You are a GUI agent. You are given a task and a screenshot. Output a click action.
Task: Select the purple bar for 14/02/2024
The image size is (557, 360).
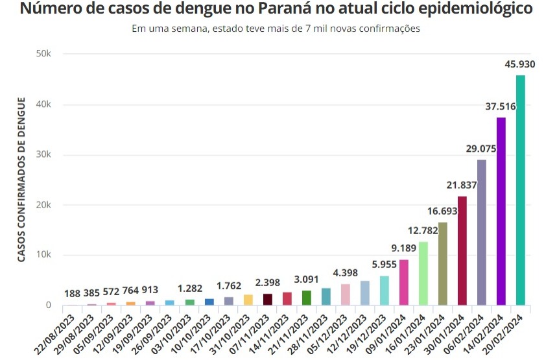(501, 211)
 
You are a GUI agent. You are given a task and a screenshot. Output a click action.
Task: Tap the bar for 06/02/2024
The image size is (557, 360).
(481, 232)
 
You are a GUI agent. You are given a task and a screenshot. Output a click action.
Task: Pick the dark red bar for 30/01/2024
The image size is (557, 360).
(462, 250)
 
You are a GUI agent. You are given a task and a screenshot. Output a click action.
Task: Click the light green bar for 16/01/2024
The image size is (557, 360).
(423, 273)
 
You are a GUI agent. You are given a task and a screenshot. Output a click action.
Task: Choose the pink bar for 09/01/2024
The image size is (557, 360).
(403, 282)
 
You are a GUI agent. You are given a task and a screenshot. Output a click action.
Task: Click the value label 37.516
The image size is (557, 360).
(501, 107)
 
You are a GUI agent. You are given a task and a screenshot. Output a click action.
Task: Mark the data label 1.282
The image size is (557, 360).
(190, 287)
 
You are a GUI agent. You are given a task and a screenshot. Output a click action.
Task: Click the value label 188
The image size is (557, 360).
(73, 294)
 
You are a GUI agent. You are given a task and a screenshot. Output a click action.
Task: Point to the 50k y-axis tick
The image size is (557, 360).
(43, 54)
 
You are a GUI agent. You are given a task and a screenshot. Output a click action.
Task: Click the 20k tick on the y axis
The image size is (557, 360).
(43, 205)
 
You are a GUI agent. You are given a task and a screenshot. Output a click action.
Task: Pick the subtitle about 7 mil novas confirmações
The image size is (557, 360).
(276, 29)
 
